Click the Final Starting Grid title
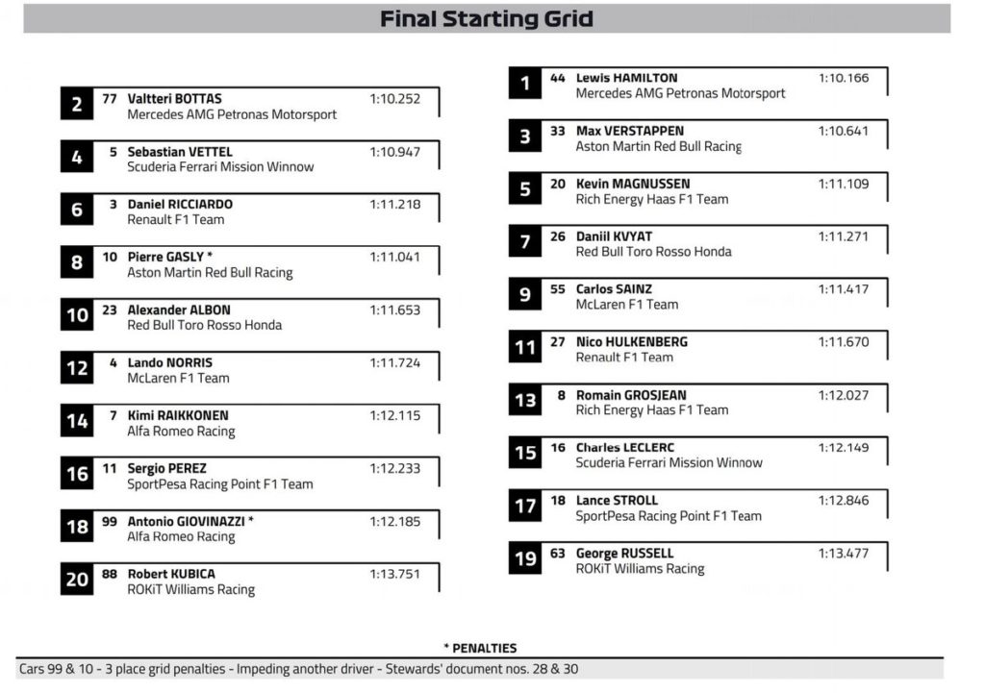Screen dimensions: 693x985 click(487, 18)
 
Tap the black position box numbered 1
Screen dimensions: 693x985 click(525, 85)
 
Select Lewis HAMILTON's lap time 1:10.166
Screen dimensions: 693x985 click(844, 78)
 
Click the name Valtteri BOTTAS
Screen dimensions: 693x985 click(174, 98)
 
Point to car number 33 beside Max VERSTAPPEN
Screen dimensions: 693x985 click(558, 131)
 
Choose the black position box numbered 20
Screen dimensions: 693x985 click(77, 580)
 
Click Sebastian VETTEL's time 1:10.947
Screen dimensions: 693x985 click(394, 152)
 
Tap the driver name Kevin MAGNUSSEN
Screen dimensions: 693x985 click(633, 184)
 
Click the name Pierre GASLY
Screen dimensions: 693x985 click(165, 257)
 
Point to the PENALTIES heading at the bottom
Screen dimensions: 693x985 click(480, 648)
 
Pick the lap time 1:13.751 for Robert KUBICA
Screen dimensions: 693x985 click(394, 574)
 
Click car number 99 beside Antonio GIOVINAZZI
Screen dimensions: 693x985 click(109, 521)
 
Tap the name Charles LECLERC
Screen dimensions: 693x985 click(625, 447)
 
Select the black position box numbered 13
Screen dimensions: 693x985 click(525, 401)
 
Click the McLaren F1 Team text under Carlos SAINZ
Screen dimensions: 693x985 click(627, 304)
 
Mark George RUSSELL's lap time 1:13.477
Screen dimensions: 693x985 click(844, 553)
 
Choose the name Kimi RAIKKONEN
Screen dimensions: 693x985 click(178, 415)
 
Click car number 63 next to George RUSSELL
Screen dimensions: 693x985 click(558, 553)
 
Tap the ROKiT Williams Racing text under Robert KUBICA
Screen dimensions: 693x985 click(191, 589)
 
